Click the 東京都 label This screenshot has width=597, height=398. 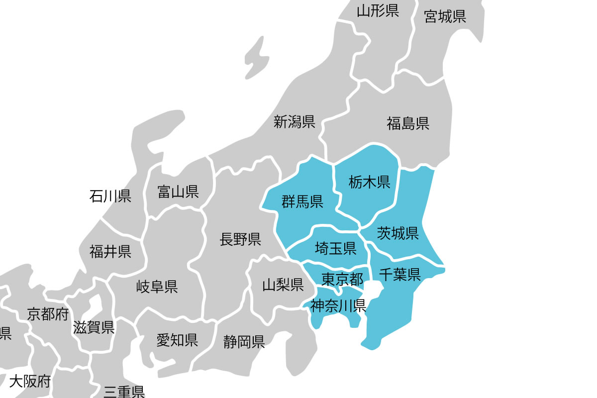[x=342, y=279]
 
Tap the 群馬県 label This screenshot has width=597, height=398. [x=302, y=201]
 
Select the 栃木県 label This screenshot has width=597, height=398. [x=369, y=182]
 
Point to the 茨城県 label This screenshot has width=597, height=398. [x=398, y=233]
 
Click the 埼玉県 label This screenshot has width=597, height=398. [x=335, y=247]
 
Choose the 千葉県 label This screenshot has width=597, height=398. [x=399, y=274]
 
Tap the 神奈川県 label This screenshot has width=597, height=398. [x=338, y=305]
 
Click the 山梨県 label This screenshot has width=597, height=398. [x=283, y=285]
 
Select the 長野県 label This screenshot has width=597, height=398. [x=241, y=240]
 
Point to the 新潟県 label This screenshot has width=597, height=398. [x=295, y=121]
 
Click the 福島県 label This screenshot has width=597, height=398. [x=408, y=123]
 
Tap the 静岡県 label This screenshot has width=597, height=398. [x=244, y=342]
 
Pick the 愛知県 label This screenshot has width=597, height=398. [x=177, y=340]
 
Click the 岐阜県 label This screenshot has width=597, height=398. [x=157, y=287]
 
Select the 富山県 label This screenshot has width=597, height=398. [x=178, y=192]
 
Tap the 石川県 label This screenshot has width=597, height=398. [x=110, y=196]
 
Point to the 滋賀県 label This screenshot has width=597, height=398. [x=94, y=327]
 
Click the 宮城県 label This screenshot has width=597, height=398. [x=445, y=17]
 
